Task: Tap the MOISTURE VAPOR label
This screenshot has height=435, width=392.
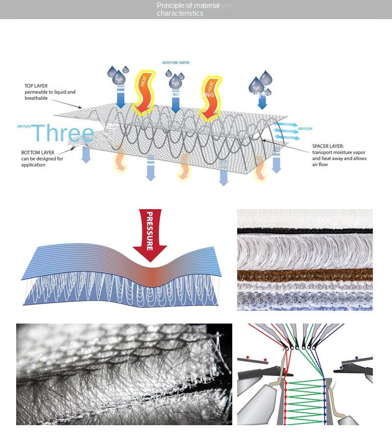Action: tap(175, 63)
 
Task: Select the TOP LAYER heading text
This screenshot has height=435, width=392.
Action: tap(36, 86)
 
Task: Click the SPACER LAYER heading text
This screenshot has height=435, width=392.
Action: tap(328, 146)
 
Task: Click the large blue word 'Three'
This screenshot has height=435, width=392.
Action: tap(63, 134)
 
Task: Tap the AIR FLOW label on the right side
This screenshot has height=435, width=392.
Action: tap(304, 129)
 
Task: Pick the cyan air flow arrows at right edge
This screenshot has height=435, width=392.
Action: tap(285, 129)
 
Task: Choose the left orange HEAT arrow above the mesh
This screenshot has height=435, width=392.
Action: tap(143, 93)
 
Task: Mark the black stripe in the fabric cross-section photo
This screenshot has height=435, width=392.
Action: tap(305, 231)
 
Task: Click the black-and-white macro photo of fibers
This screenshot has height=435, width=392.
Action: tap(124, 374)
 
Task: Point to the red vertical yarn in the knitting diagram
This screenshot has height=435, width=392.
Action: tap(285, 393)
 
